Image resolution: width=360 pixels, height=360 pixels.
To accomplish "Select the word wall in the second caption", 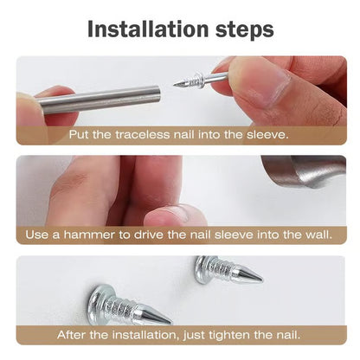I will pos(315,235).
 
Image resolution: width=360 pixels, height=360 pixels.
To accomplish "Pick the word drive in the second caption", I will pos(157,235).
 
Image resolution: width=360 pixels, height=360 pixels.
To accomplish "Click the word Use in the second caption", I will pos(37,235).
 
